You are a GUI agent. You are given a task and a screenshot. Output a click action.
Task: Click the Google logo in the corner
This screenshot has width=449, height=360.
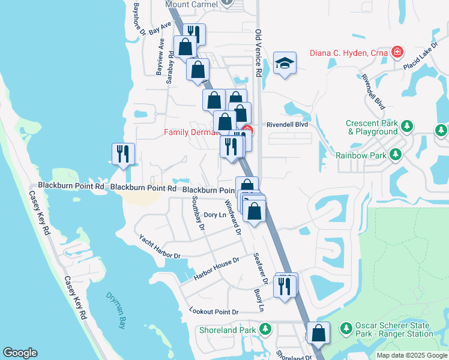(20, 353)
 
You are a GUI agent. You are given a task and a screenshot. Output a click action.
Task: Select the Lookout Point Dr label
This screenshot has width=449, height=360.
(214, 312)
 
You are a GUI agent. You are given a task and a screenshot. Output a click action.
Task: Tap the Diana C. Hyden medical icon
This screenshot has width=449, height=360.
(397, 53)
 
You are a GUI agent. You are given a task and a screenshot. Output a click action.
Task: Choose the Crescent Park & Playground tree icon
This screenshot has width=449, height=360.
(408, 127)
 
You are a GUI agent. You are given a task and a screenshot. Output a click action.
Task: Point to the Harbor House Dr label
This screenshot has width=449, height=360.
(216, 269)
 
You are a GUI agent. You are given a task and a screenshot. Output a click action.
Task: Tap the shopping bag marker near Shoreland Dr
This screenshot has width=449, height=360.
(318, 332)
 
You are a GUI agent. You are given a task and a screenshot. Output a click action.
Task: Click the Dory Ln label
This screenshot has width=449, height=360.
(214, 215)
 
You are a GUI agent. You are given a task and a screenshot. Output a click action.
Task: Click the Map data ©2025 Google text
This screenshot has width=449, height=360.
(412, 355)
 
